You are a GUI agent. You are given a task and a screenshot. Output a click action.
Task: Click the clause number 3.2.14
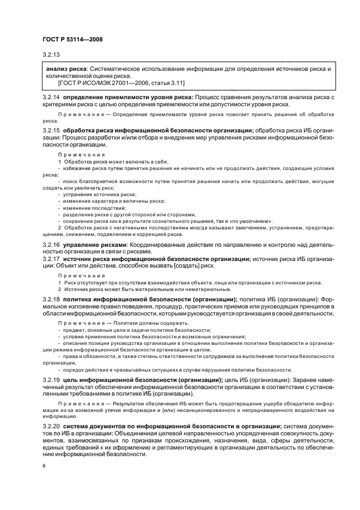[x=51, y=96]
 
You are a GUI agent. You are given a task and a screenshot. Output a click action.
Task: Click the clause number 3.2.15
[x=51, y=131]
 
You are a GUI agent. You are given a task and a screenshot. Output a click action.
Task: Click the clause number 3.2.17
[x=51, y=259]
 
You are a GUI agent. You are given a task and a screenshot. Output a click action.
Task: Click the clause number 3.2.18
[x=51, y=300]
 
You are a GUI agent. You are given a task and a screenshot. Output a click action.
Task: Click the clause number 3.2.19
[x=51, y=379]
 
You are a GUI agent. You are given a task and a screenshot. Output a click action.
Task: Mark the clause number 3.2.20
[x=51, y=426]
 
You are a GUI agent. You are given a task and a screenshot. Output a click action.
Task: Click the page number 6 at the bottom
[x=44, y=466]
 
